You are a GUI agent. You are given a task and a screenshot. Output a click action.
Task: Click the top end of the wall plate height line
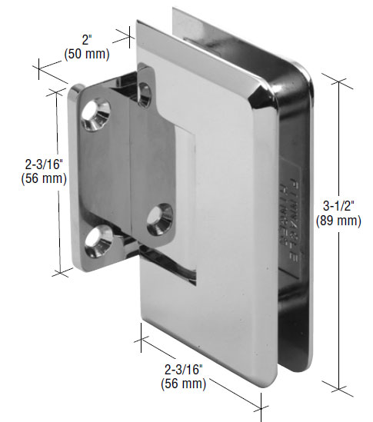[x=58, y=91]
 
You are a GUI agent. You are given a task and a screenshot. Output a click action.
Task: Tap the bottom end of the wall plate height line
[x=58, y=274]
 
